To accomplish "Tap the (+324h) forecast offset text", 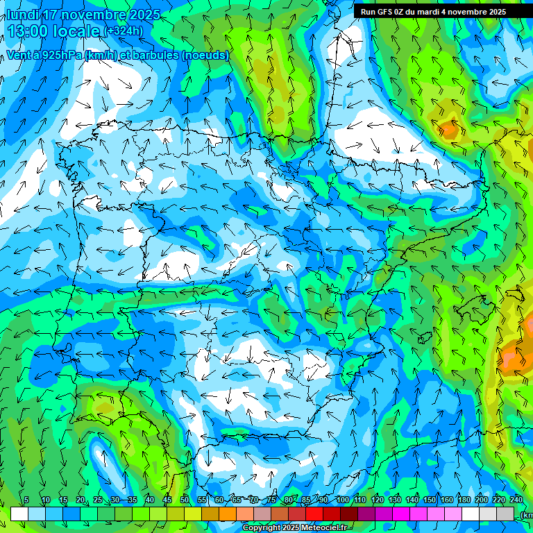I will click(124, 31).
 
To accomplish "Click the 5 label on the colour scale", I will click(26, 500).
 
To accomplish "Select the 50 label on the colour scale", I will click(185, 500).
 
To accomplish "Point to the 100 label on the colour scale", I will click(343, 500).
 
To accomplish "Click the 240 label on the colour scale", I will click(516, 500).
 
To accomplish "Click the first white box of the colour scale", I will click(19, 514).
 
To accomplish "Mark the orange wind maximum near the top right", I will click(448, 128).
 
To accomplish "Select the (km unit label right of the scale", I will click(526, 515).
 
